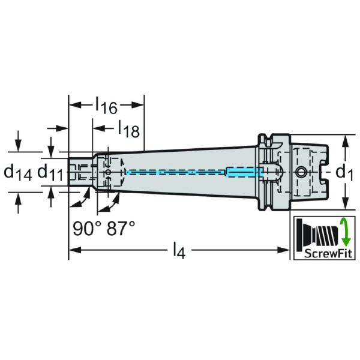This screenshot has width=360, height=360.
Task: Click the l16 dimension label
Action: coord(106,106)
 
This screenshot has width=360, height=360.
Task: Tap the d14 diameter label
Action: coord(18,173)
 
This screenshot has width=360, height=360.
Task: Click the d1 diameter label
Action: coord(343,173)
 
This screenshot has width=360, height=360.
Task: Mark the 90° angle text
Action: coord(86,228)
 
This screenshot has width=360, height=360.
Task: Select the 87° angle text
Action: coord(121,228)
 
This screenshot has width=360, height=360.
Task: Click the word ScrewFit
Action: coord(323,253)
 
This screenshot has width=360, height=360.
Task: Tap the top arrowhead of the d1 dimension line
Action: coord(346,141)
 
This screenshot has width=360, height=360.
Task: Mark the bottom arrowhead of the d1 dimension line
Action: coord(346,203)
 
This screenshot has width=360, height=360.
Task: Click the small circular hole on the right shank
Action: coord(301,173)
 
